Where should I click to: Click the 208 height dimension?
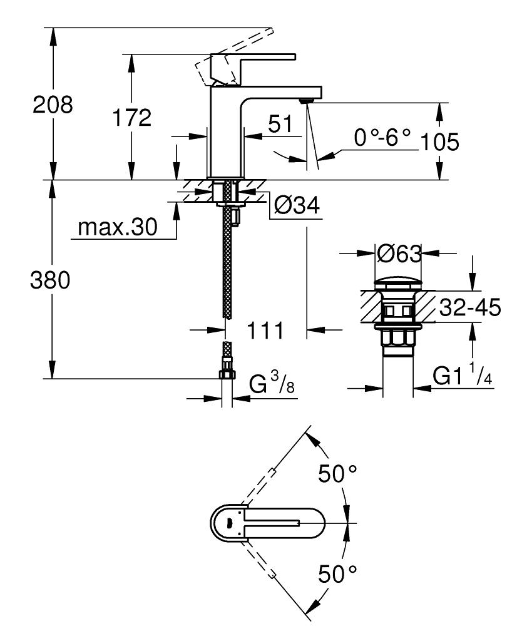point(53,105)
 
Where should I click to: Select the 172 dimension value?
point(131,118)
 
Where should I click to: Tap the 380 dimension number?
point(51,281)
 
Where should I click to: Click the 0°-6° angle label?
point(382,137)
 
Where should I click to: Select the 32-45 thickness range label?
point(469,308)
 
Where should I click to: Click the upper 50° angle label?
point(339,474)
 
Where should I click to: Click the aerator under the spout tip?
point(307,100)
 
